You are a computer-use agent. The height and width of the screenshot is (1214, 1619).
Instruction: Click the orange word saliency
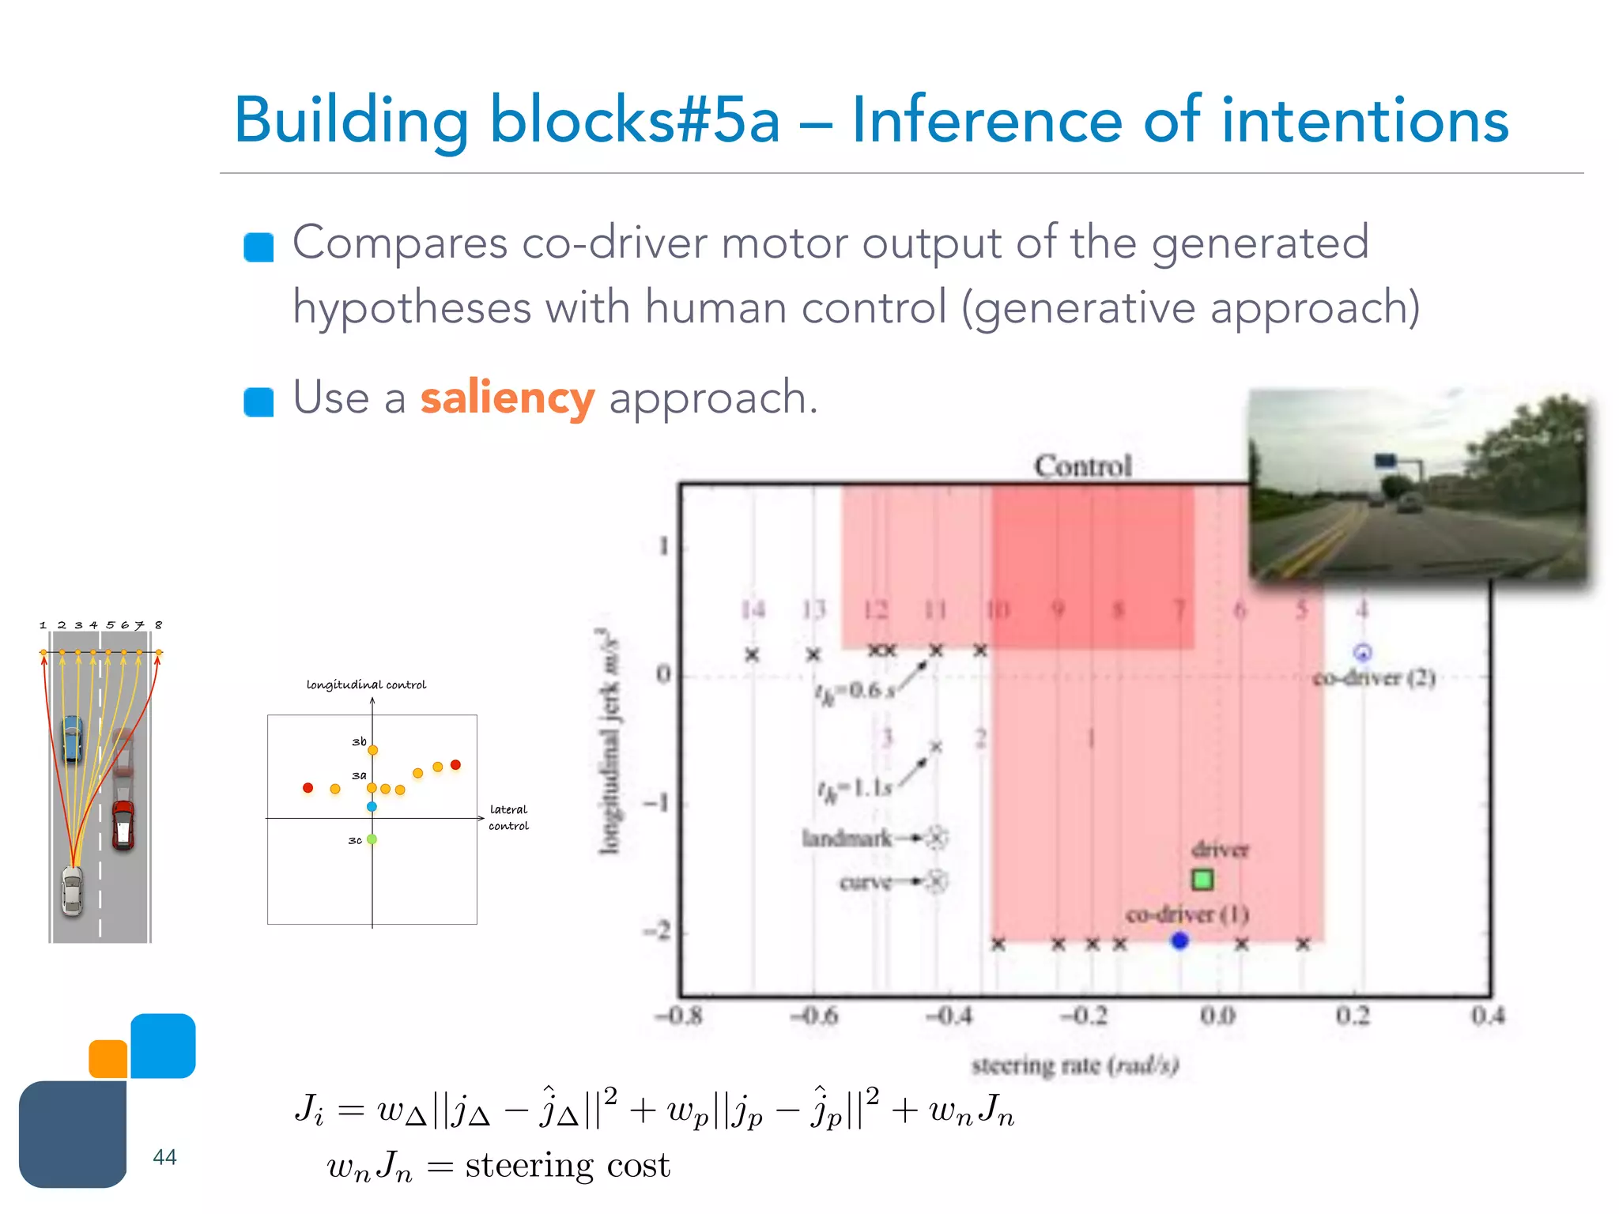coord(507,398)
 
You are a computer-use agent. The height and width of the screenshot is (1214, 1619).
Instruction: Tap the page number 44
coord(164,1157)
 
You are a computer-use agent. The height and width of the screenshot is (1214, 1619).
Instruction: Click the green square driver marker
coord(1202,880)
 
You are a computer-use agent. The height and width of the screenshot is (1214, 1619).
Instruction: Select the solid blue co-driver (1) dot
coord(1179,941)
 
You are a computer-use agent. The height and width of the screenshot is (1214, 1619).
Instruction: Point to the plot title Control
coord(1083,466)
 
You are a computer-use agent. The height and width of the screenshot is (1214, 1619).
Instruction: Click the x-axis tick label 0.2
coord(1353,1016)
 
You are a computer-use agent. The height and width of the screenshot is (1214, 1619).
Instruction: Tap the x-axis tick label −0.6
coord(813,1016)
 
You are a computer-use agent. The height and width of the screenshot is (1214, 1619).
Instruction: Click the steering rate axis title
coord(1075,1065)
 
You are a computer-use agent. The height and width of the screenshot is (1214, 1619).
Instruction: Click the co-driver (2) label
coord(1374,678)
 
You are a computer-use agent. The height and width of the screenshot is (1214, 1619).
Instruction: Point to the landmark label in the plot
coord(847,838)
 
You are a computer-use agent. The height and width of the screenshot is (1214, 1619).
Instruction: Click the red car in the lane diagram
coord(123,824)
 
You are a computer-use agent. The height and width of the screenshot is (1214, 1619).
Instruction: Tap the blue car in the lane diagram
coord(72,738)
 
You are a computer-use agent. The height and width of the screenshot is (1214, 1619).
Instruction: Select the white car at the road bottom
coord(72,891)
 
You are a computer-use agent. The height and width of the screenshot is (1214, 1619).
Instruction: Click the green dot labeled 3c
coord(372,839)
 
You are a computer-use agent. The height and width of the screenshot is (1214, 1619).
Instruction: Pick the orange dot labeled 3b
coord(373,750)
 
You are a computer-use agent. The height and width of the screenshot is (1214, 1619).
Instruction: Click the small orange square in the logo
coord(108,1059)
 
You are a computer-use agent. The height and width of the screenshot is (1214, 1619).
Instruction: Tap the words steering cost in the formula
coord(568,1166)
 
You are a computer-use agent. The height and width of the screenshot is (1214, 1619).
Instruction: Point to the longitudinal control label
coord(366,684)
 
